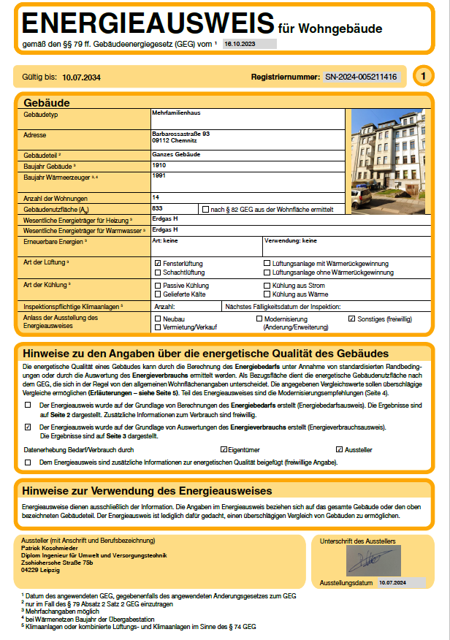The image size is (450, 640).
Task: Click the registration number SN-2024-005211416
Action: click(361, 76)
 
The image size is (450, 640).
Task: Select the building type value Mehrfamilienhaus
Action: click(176, 113)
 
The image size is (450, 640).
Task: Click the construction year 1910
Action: click(159, 165)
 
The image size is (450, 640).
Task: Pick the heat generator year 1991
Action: click(159, 175)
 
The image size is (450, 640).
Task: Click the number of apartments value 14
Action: click(156, 197)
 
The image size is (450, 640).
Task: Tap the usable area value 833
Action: click(157, 207)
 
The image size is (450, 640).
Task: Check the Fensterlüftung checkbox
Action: click(158, 263)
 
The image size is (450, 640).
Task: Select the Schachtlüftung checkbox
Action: click(158, 273)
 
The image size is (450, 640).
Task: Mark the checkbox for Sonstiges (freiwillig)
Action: click(351, 319)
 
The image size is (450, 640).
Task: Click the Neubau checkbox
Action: click(158, 319)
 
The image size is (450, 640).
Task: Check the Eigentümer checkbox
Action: click(224, 449)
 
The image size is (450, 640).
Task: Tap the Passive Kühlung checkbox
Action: click(158, 285)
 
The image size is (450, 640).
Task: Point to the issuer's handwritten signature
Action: click(373, 561)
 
